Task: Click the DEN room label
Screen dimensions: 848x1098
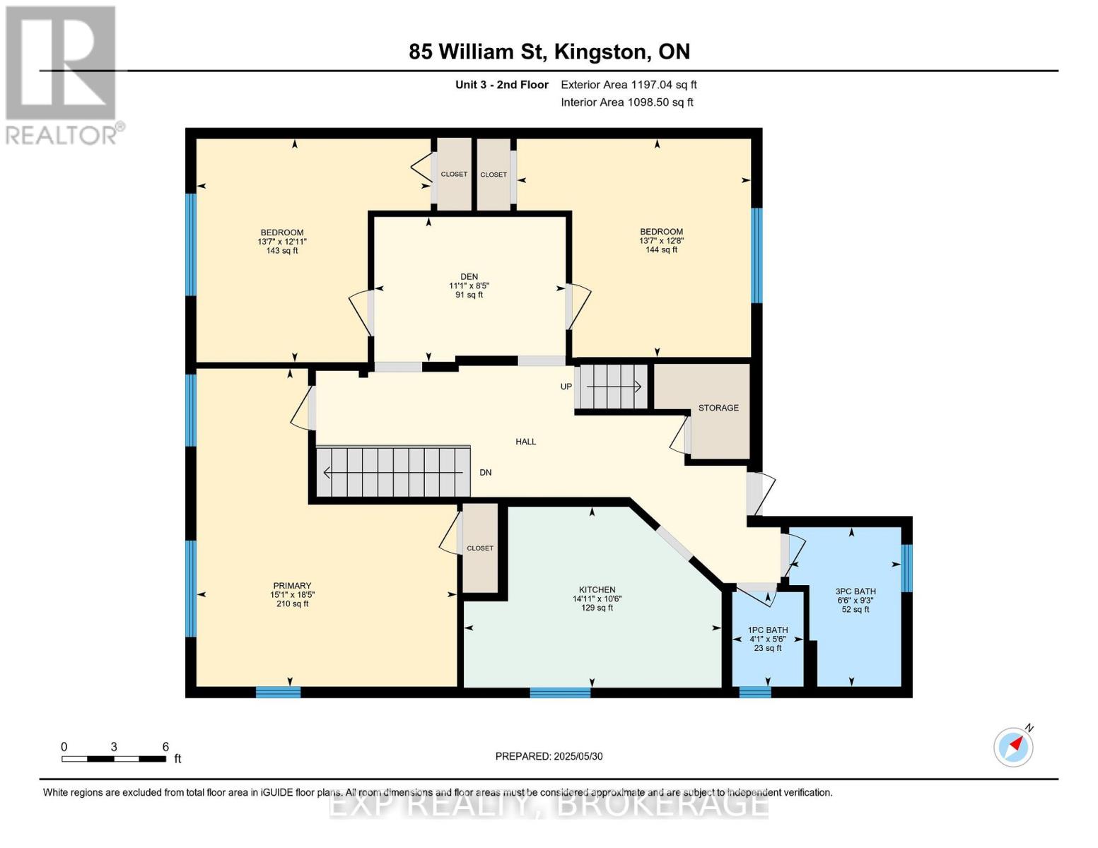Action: [x=469, y=277]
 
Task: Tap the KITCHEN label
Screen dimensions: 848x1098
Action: [x=597, y=589]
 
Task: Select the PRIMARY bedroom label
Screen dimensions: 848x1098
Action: [x=292, y=585]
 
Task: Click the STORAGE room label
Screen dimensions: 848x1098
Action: [x=718, y=408]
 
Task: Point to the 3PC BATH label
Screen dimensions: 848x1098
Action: [x=855, y=591]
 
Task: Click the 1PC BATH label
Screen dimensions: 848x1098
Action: [x=767, y=630]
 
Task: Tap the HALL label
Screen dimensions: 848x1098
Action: [x=525, y=442]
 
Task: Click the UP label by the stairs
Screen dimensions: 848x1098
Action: [x=566, y=387]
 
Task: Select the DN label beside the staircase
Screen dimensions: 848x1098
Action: [x=486, y=473]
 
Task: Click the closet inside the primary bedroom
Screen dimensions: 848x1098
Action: [x=480, y=548]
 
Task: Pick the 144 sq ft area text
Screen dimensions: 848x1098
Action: [x=661, y=249]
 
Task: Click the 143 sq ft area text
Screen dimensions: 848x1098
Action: [x=282, y=250]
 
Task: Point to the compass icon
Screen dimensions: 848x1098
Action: [x=1013, y=746]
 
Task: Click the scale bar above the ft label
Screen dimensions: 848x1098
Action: [x=113, y=759]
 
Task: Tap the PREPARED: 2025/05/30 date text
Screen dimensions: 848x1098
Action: [x=549, y=756]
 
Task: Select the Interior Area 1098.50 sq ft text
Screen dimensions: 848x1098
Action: [x=626, y=102]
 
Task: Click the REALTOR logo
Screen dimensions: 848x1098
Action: [x=62, y=74]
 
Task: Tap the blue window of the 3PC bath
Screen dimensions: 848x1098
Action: [x=907, y=567]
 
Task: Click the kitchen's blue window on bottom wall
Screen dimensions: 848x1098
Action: [x=560, y=693]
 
